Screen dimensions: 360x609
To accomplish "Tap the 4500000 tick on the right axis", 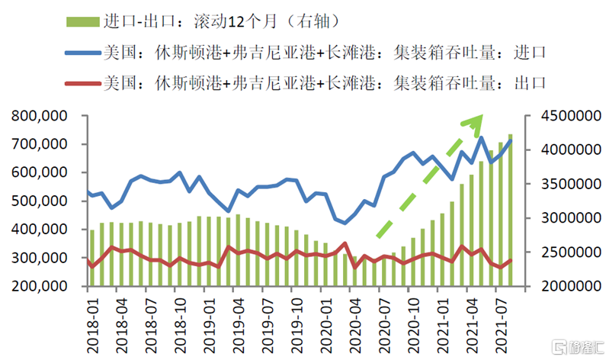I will [x=565, y=117].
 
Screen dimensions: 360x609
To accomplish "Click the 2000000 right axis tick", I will [x=565, y=286].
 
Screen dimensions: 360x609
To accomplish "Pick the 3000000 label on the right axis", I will [x=565, y=218].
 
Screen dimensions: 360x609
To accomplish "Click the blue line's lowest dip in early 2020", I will [x=345, y=223].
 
